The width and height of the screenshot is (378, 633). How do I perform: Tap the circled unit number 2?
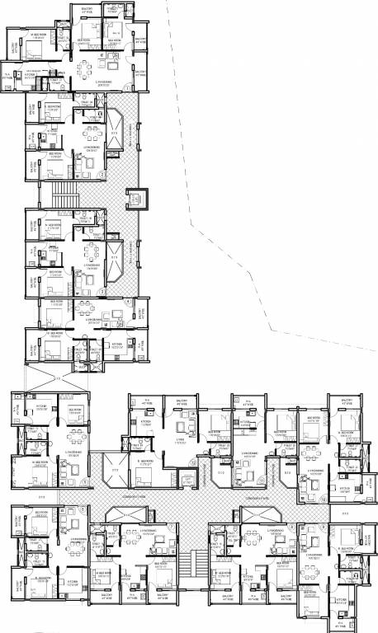tap(102, 174)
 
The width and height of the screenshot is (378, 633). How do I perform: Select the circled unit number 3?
tap(102, 294)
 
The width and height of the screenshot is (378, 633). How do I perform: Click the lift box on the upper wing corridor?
tap(135, 199)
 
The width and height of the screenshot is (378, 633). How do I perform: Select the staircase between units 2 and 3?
tap(64, 195)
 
